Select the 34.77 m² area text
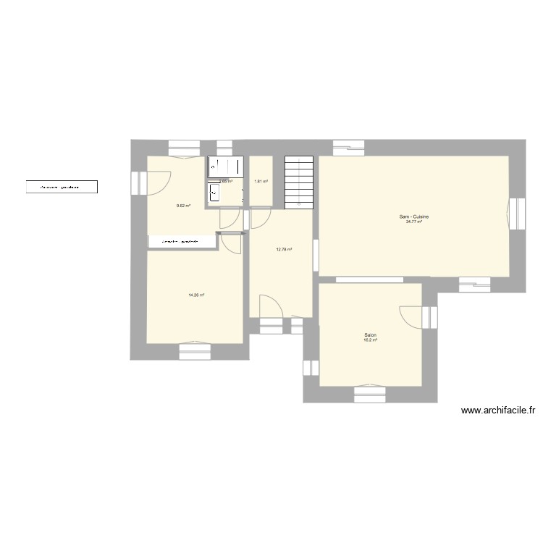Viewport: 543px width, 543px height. pyautogui.click(x=415, y=222)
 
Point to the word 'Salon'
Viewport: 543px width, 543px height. pyautogui.click(x=370, y=335)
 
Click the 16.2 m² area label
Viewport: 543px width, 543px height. pyautogui.click(x=370, y=340)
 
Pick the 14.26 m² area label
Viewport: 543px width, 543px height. pyautogui.click(x=196, y=295)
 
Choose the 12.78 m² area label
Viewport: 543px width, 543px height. pyautogui.click(x=284, y=250)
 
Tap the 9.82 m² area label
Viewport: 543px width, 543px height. pyautogui.click(x=183, y=206)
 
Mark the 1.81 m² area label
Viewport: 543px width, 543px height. pyautogui.click(x=261, y=182)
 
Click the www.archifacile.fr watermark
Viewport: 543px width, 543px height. pyautogui.click(x=497, y=411)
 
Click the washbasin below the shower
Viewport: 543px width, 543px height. pyautogui.click(x=214, y=192)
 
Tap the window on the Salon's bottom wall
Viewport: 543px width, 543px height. pyautogui.click(x=371, y=393)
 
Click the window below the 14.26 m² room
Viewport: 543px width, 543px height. pyautogui.click(x=195, y=350)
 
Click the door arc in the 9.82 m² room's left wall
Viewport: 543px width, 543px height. pyautogui.click(x=159, y=182)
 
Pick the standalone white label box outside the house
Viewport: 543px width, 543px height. pyautogui.click(x=62, y=188)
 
